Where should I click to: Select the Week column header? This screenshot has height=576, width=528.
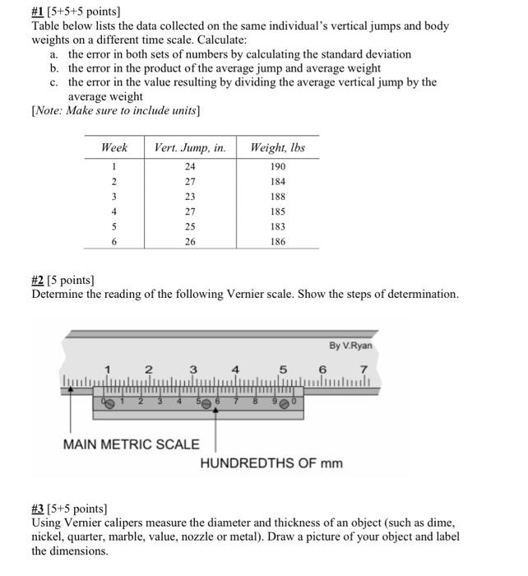click(113, 147)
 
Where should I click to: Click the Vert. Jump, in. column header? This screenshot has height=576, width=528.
click(190, 147)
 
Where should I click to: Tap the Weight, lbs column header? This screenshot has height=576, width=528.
click(277, 147)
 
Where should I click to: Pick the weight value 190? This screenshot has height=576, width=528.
click(277, 166)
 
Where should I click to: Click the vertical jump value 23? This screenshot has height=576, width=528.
click(190, 197)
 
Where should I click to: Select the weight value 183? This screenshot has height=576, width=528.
click(277, 226)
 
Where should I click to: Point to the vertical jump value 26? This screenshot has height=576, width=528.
click(190, 242)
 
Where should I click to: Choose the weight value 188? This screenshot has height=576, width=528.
click(277, 197)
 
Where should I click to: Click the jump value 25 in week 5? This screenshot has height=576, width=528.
click(190, 226)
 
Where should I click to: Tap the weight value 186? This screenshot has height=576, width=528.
click(277, 242)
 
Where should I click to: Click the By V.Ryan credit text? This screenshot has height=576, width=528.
click(350, 346)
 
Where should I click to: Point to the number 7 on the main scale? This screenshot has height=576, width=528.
click(363, 369)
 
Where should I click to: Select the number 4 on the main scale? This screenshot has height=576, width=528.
click(236, 369)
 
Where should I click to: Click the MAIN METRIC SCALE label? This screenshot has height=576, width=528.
click(132, 444)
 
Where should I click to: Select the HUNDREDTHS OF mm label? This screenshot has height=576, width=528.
click(271, 463)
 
